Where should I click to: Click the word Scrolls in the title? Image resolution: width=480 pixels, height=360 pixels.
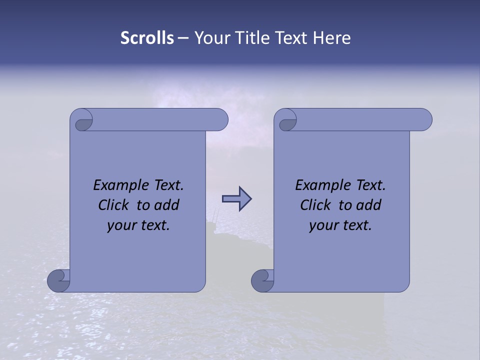pos(147,38)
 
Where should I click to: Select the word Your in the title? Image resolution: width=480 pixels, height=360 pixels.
pos(210,38)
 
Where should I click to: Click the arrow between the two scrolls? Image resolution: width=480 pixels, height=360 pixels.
pos(236,199)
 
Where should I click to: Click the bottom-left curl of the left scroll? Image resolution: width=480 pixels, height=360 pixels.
pos(58,281)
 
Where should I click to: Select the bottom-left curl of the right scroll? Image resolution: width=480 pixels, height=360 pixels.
pos(262,281)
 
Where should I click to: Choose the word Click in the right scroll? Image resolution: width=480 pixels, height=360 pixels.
pos(315,205)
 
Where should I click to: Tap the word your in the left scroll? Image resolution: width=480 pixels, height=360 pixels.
pos(120,226)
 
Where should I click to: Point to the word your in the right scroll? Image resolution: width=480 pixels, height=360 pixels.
pos(322,226)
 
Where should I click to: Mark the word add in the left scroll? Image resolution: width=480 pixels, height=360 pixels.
pos(167,205)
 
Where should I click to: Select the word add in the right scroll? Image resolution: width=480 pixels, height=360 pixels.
pos(369,205)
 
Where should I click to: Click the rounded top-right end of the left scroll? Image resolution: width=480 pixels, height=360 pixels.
pos(220,119)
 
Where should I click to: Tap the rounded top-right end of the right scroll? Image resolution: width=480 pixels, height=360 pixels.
pos(423,119)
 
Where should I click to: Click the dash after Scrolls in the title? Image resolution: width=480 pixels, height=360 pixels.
pos(183,38)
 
